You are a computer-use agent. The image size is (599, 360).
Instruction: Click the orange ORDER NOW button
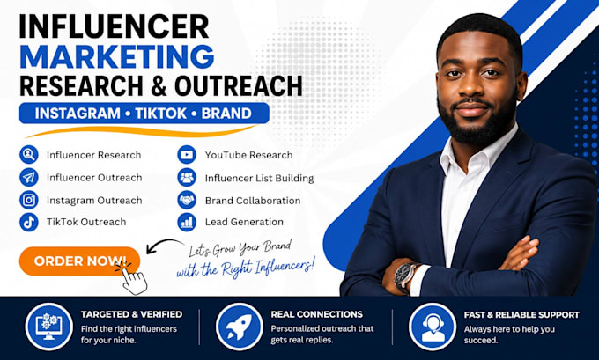[x=79, y=261]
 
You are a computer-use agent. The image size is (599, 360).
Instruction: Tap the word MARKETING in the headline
[x=117, y=57]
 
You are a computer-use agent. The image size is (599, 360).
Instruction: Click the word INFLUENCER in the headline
[x=114, y=26]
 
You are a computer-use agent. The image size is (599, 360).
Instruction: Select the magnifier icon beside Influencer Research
[x=29, y=155]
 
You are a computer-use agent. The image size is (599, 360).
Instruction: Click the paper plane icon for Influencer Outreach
[x=29, y=177]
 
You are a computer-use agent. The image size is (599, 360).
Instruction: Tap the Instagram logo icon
[x=29, y=200]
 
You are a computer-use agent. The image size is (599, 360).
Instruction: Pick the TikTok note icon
[x=29, y=222]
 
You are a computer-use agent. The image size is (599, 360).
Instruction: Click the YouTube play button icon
[x=187, y=155]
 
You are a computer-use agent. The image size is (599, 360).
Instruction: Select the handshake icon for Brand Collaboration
[x=187, y=200]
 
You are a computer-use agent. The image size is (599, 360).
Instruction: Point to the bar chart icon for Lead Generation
[x=187, y=222]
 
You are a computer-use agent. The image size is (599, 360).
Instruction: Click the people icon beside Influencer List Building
[x=187, y=178]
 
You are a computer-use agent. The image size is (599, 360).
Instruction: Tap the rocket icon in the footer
[x=239, y=327]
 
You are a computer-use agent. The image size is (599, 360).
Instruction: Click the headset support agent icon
[x=433, y=327]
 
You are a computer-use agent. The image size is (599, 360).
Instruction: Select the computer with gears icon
[x=49, y=327]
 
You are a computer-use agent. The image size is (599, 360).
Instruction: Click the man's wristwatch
[x=405, y=276]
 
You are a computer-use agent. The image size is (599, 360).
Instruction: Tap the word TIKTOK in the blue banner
[x=161, y=114]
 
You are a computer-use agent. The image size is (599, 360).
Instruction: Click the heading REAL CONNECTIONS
[x=317, y=314]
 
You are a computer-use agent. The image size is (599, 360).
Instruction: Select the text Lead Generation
[x=244, y=222]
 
